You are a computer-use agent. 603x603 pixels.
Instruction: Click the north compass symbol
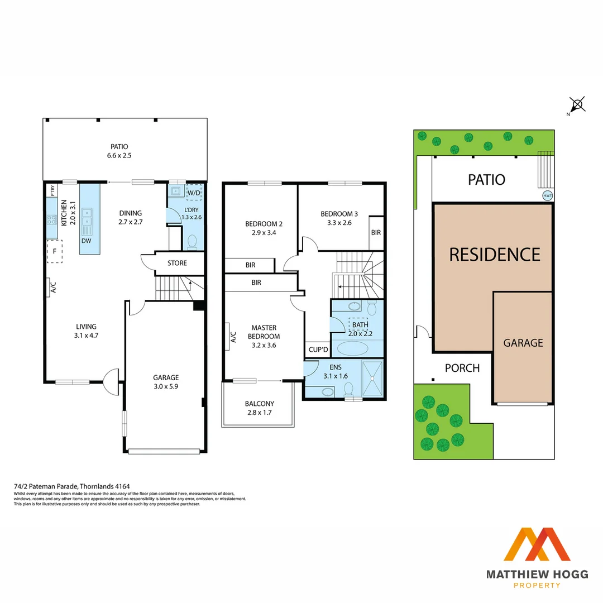(x=577, y=104)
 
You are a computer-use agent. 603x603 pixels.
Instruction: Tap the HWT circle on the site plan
(x=548, y=195)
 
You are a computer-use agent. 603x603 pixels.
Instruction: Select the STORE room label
(x=177, y=263)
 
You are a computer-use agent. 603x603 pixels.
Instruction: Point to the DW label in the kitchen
(x=87, y=241)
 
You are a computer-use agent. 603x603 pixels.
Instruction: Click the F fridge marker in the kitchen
(x=54, y=251)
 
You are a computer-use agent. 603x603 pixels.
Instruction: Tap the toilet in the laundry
(x=192, y=241)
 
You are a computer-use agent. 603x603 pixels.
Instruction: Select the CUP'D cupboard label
(x=318, y=350)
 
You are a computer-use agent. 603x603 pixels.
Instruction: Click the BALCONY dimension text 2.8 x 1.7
(x=260, y=413)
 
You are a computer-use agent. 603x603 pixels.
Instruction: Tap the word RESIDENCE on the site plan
(x=495, y=255)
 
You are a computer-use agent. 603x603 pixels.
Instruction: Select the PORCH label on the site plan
(x=462, y=368)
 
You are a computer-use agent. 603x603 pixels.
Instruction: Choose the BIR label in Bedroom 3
(x=376, y=232)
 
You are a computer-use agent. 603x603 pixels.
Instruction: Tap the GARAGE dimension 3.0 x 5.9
(x=166, y=386)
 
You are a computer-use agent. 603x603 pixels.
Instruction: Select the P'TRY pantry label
(x=52, y=190)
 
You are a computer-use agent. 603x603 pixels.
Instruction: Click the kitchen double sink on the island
(x=87, y=220)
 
